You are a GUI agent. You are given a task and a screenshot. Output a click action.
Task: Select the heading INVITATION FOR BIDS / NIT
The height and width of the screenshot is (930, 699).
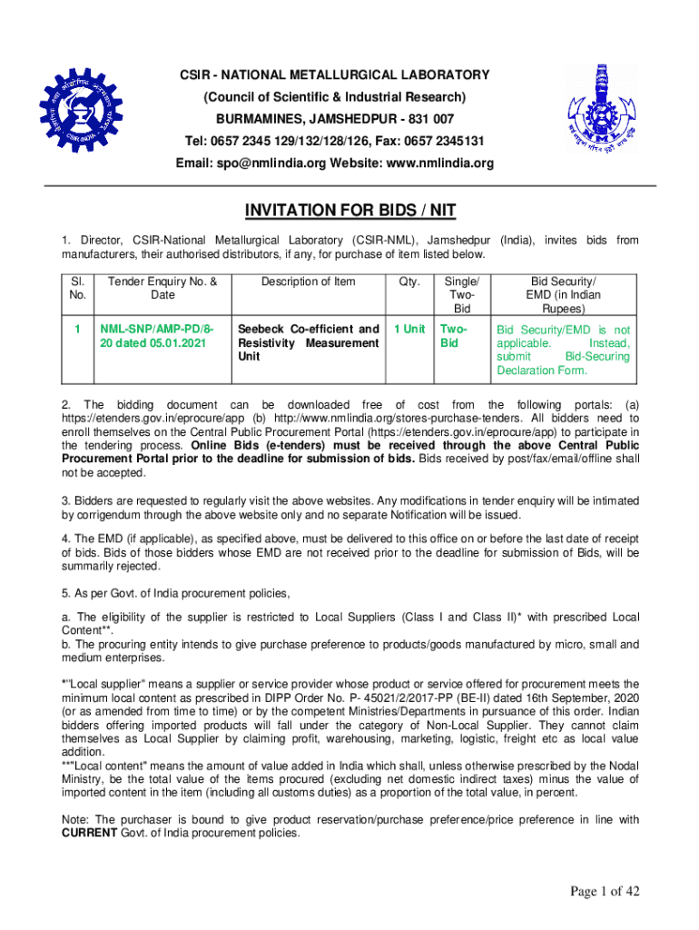pyautogui.click(x=349, y=212)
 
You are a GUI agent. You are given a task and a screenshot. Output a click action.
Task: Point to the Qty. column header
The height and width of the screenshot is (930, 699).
pyautogui.click(x=409, y=282)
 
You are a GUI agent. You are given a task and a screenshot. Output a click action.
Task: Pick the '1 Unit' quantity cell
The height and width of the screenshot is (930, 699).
pyautogui.click(x=409, y=329)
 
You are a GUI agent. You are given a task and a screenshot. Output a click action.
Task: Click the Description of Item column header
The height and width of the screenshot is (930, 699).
pyautogui.click(x=309, y=282)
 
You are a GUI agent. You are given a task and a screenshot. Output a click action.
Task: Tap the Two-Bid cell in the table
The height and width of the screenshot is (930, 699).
pyautogui.click(x=456, y=336)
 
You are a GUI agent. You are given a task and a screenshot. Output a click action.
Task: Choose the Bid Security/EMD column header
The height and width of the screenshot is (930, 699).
pyautogui.click(x=563, y=295)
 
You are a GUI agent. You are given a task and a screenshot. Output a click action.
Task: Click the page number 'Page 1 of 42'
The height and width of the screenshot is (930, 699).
pyautogui.click(x=605, y=892)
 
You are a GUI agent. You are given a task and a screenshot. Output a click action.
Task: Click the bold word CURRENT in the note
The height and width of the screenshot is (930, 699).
pyautogui.click(x=89, y=833)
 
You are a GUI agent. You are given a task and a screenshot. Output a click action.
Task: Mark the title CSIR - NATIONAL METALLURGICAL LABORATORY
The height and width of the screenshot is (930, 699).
pyautogui.click(x=335, y=74)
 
